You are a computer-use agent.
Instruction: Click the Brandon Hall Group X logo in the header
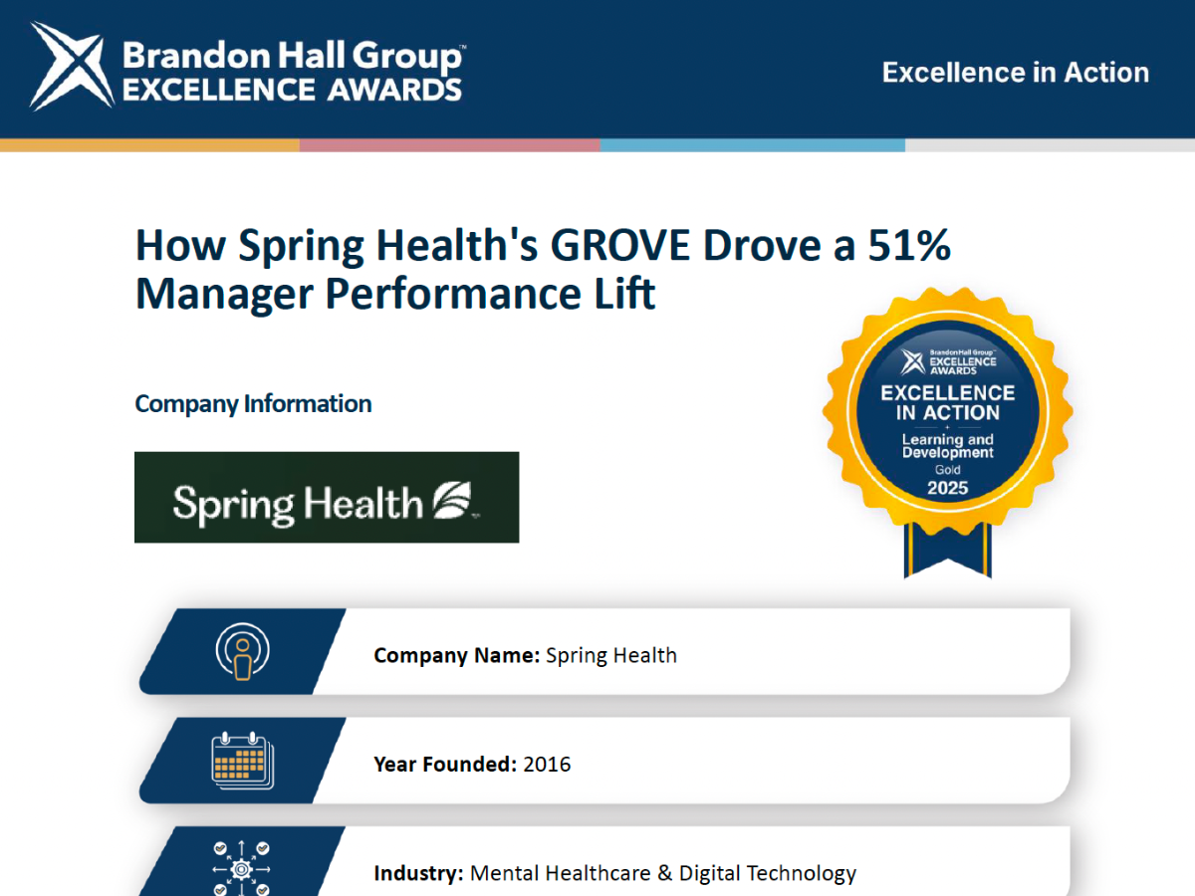coord(72,66)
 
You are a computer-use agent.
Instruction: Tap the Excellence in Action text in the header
coord(1016,73)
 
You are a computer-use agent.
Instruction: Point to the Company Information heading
coord(253,404)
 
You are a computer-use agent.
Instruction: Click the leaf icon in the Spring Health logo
coord(452,500)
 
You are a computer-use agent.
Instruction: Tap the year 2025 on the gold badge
coord(947,488)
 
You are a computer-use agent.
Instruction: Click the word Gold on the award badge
coord(947,470)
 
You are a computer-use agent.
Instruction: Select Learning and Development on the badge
coord(947,446)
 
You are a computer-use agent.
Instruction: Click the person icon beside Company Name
coord(242,651)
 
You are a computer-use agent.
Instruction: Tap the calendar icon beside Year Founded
coord(242,760)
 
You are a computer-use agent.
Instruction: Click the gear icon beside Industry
coord(241,869)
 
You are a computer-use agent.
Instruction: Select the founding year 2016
coord(547,765)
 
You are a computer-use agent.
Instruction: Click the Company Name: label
coord(457,655)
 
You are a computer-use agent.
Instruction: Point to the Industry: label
coord(418,873)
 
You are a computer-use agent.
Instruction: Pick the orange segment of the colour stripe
coord(149,145)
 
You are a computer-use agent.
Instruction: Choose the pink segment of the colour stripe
coord(450,145)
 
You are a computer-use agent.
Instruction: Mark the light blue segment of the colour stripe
coord(753,145)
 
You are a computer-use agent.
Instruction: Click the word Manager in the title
coord(224,295)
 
